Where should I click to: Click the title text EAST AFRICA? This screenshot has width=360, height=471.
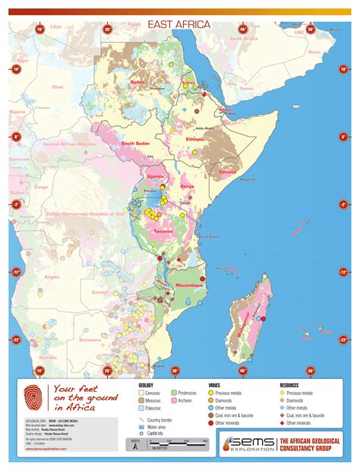point(179,25)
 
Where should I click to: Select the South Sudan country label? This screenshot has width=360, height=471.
point(138,144)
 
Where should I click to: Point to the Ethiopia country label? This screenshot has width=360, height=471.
point(197,141)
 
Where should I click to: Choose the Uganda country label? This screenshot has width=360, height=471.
point(156,178)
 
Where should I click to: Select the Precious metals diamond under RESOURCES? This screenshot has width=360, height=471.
point(283,393)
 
